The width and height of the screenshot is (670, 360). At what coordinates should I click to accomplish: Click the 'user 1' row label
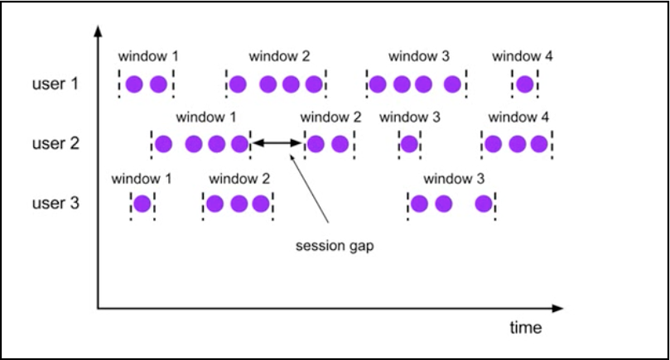pos(55,84)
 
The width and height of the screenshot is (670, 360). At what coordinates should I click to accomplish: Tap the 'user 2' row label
pos(55,143)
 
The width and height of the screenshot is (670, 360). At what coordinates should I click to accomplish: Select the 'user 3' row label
pos(55,203)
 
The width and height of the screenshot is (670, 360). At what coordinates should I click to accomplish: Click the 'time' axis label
pos(526,328)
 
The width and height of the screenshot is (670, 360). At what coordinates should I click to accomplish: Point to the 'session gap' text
pos(335,247)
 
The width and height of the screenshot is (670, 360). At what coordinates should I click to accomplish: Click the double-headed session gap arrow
pos(277,143)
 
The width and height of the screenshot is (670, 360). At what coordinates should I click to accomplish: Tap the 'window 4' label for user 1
pos(522,56)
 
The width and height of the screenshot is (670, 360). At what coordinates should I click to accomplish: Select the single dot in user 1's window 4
pos(525,84)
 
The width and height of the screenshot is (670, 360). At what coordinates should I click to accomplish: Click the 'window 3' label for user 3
pos(454,179)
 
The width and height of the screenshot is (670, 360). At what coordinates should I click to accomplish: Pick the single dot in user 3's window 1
pos(142,204)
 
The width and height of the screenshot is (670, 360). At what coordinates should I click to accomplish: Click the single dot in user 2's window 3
pos(409,144)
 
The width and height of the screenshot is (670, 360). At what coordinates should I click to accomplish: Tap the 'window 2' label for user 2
pos(330,117)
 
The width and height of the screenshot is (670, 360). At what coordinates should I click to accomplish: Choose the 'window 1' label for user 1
pos(148,56)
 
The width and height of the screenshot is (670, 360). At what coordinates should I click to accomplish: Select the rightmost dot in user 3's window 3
pos(484,204)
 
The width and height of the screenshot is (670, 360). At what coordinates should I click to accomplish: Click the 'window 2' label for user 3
pos(239,179)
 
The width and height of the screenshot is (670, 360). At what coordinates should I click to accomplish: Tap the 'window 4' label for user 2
pos(518,117)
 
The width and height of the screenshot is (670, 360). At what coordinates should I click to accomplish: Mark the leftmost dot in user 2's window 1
pos(164,144)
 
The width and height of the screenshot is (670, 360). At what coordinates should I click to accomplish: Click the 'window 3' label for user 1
pos(419,56)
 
